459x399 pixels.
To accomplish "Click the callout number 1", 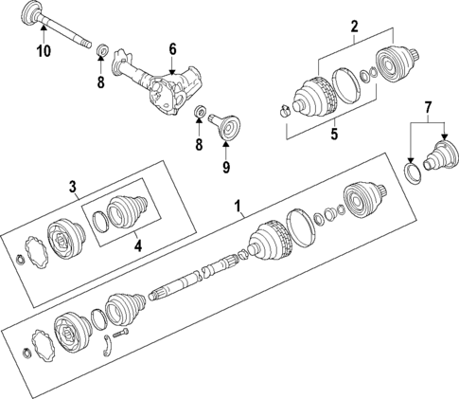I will click(x=238, y=204).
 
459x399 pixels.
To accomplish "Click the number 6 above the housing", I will click(x=173, y=48).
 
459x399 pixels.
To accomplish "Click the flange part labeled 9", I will click(x=227, y=125).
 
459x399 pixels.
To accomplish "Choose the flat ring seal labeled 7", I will click(x=412, y=172).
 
